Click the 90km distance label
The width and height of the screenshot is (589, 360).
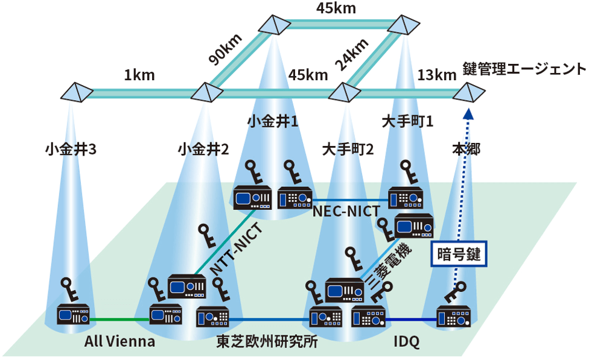click(x=226, y=49)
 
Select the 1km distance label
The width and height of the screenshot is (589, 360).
click(x=139, y=75)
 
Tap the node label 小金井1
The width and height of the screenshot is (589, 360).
click(x=273, y=122)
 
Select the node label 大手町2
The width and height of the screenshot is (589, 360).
click(x=348, y=148)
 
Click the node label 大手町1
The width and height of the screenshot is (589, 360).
click(x=408, y=122)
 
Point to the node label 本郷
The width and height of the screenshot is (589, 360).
click(x=466, y=148)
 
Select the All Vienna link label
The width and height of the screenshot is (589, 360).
click(x=119, y=342)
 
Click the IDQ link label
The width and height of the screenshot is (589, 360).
click(x=406, y=342)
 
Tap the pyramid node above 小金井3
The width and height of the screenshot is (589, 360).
click(x=77, y=92)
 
